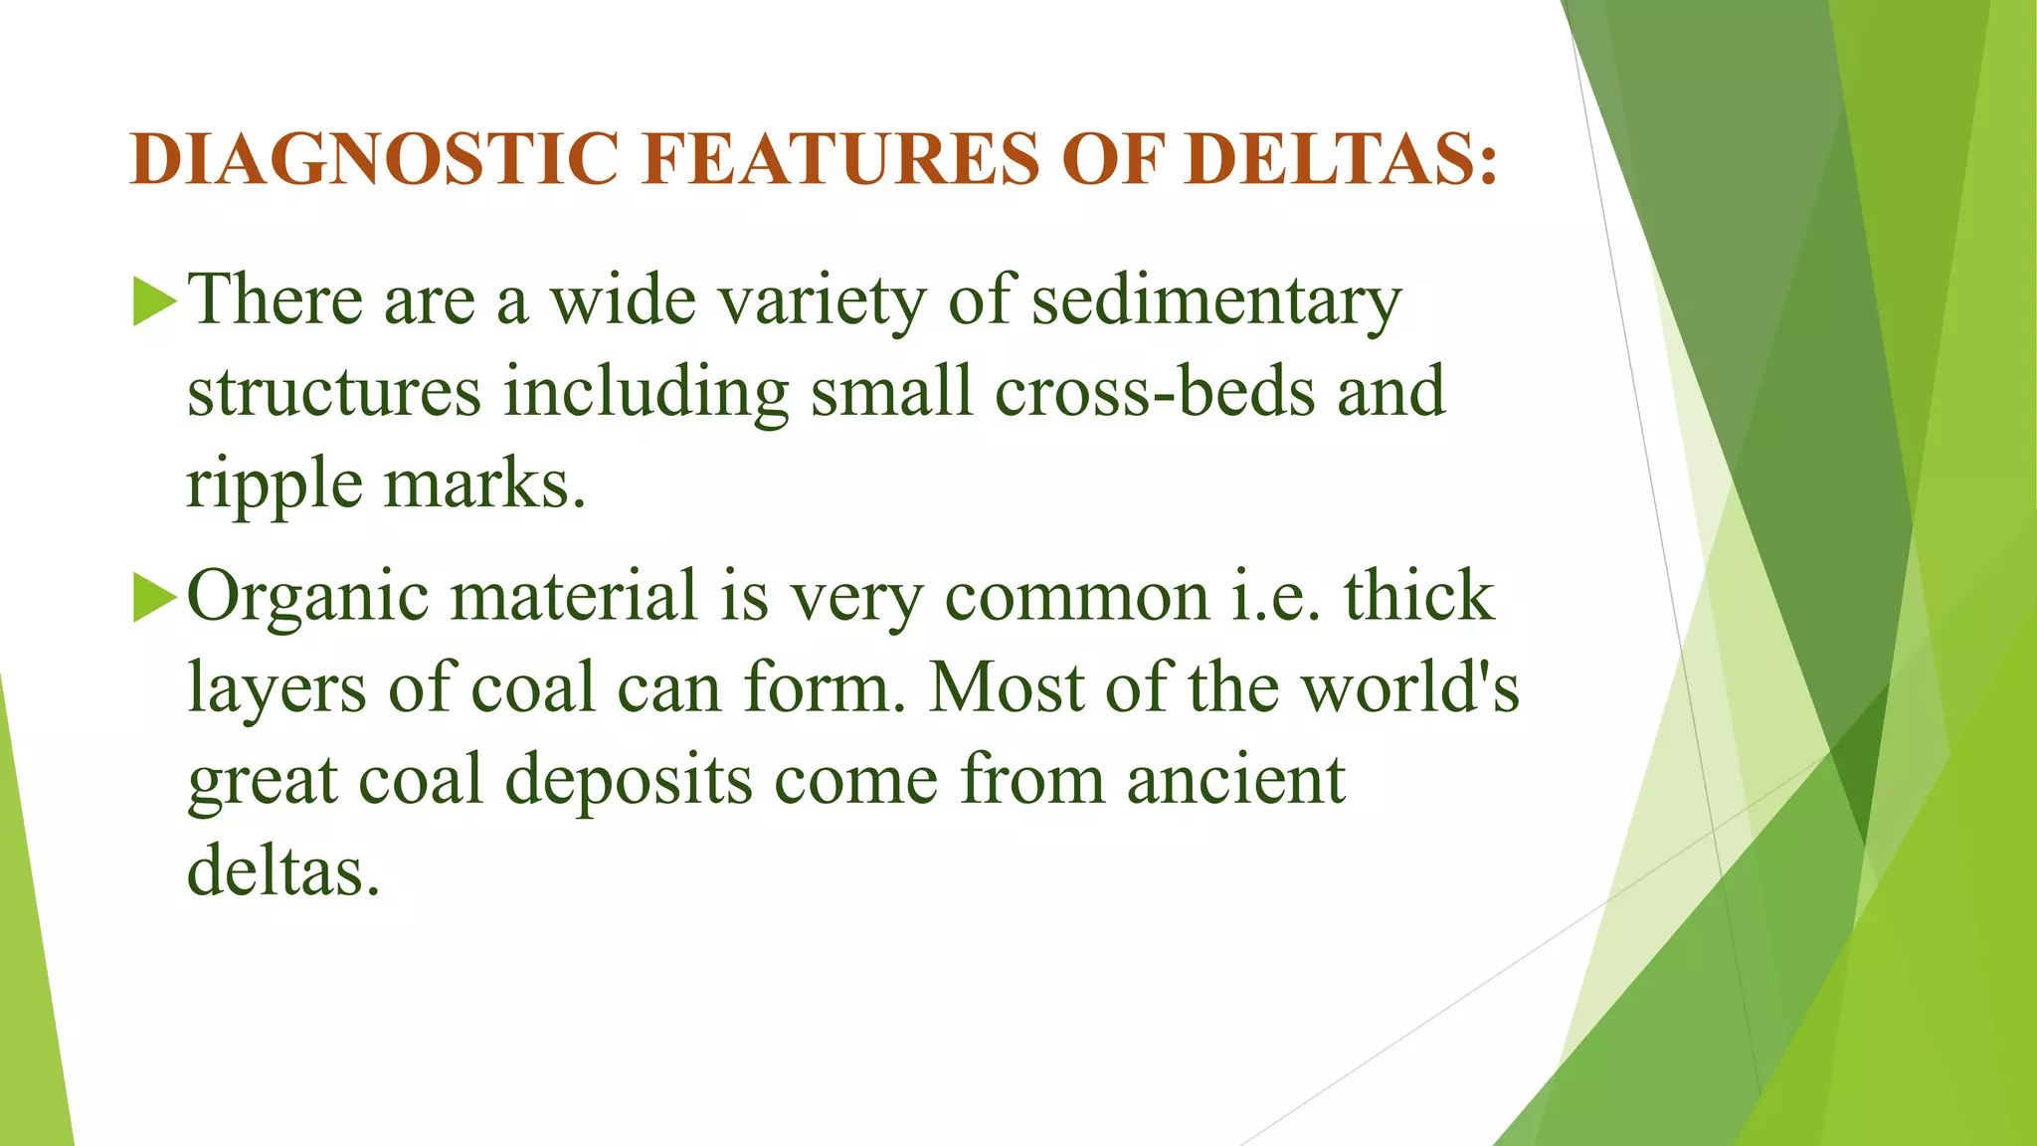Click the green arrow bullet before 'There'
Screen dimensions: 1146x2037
coord(154,300)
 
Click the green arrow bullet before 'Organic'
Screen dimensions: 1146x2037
coord(154,597)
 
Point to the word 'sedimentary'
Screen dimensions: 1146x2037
coord(1216,300)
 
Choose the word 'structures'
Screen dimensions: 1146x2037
coord(334,392)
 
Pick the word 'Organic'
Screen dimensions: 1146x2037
coord(308,597)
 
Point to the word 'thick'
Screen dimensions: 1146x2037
coord(1419,597)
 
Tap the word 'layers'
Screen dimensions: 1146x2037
coord(277,688)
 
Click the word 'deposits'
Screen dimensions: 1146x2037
coord(629,780)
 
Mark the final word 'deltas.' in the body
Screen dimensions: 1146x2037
coord(283,871)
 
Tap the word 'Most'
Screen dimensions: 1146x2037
coord(1006,688)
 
